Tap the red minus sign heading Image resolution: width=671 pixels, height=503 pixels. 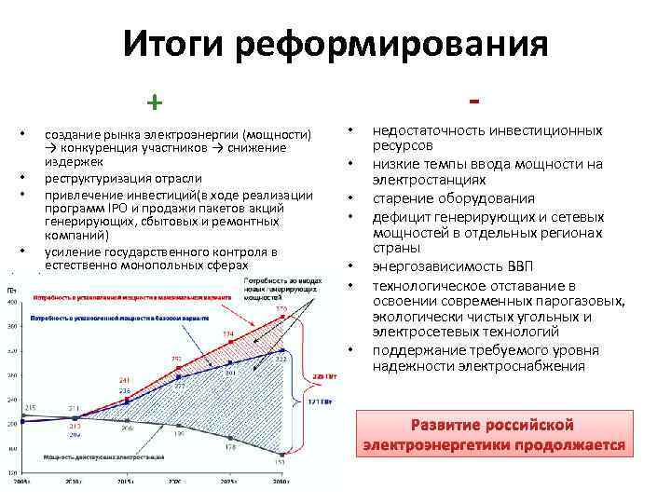click(x=475, y=98)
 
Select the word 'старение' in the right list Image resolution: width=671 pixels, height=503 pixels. click(x=402, y=198)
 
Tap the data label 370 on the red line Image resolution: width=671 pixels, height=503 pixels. click(x=281, y=308)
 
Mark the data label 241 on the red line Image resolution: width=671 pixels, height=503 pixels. click(x=124, y=380)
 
